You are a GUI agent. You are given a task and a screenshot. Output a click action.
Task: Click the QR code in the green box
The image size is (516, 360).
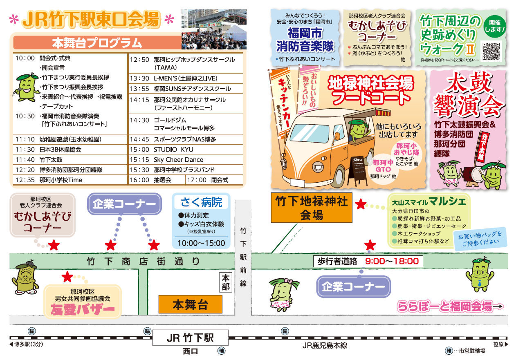click(x=491, y=51)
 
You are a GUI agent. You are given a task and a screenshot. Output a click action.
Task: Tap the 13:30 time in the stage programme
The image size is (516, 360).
click(x=139, y=78)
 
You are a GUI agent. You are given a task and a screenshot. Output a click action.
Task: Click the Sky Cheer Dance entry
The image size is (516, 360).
click(x=178, y=159)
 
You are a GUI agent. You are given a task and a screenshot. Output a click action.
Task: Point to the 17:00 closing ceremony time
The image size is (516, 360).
click(x=197, y=180)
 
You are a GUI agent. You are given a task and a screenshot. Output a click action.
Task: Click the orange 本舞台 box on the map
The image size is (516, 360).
click(x=190, y=304)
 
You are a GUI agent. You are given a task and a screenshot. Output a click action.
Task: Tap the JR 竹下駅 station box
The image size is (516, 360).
click(x=190, y=338)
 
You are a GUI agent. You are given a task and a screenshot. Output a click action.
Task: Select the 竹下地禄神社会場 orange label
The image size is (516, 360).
click(x=312, y=208)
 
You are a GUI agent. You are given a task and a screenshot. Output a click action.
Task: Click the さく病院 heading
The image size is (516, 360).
click(x=201, y=202)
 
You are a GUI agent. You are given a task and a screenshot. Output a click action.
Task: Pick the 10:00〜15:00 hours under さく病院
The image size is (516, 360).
click(x=201, y=243)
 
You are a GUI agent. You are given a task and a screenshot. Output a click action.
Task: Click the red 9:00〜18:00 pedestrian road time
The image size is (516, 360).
click(x=392, y=261)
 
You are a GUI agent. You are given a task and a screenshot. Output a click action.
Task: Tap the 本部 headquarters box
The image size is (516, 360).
click(x=226, y=282)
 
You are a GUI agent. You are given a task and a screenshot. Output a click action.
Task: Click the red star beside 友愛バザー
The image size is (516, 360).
click(x=67, y=277)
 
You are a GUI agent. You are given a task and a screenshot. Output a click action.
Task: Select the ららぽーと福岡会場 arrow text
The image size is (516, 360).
click(x=450, y=306)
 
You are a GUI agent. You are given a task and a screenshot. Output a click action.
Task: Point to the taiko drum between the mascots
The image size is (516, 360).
click(x=472, y=174)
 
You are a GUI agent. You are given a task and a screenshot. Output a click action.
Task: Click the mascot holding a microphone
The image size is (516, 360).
click(x=26, y=87)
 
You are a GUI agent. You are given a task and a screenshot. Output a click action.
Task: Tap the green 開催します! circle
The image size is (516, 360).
click(x=495, y=26)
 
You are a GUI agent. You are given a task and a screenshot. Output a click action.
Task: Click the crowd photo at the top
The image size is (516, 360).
click(x=214, y=29)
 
